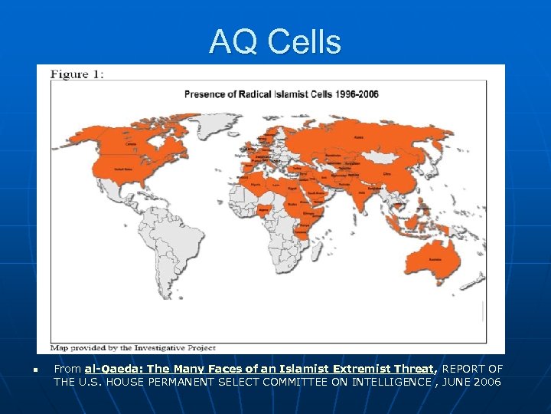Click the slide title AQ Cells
coord(275,41)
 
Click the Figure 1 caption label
coord(77,74)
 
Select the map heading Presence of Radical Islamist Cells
coord(281,94)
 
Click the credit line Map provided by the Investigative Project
coord(134,347)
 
